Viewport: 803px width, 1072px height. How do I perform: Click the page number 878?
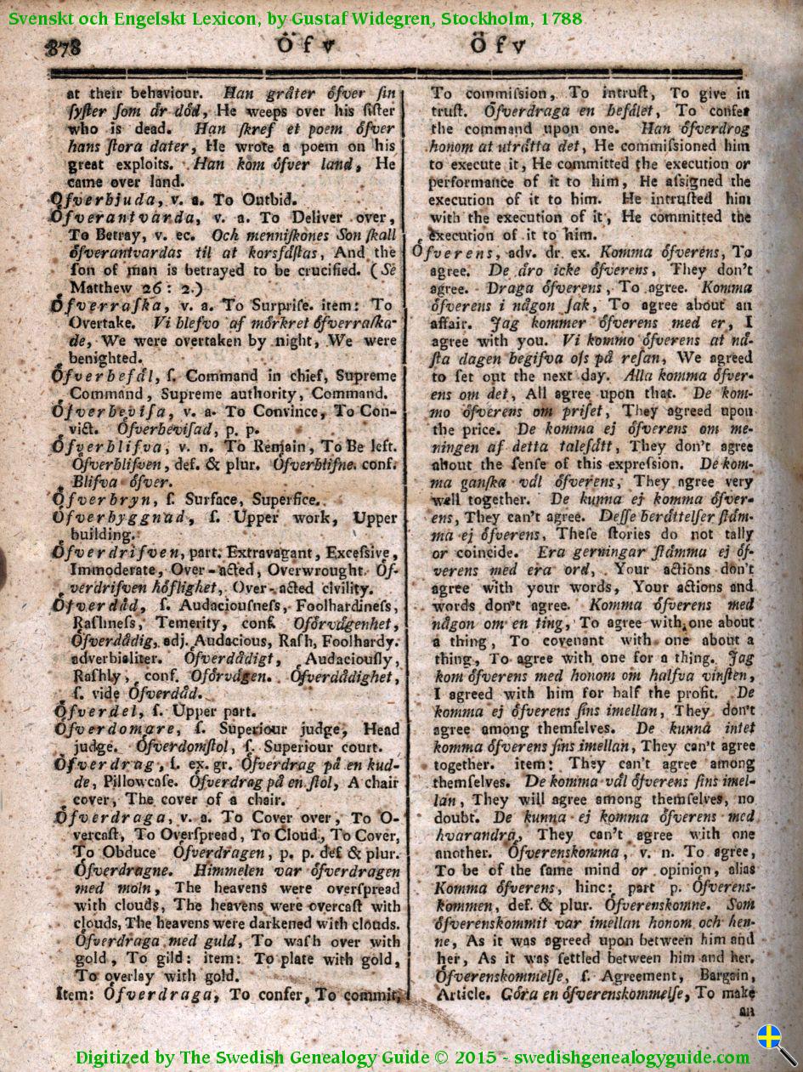pos(65,49)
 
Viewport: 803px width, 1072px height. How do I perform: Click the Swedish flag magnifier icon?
pos(776,1042)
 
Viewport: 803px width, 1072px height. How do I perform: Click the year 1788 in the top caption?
pos(562,18)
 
